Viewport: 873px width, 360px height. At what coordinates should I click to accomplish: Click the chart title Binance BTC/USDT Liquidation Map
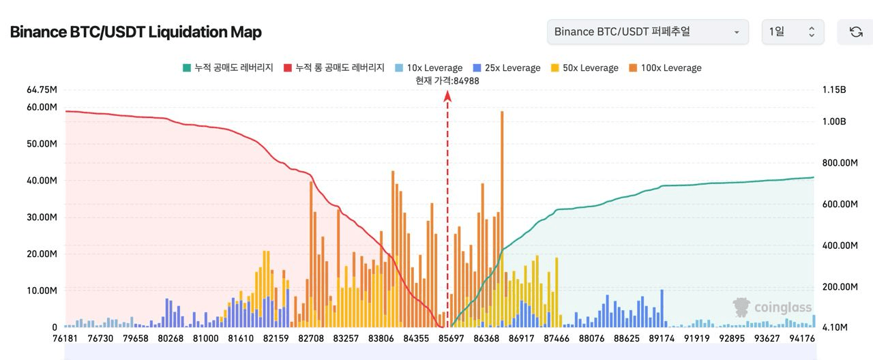[136, 32]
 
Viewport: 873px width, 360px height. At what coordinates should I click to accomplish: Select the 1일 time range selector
[793, 32]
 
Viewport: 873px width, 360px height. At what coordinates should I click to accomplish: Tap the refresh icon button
[855, 32]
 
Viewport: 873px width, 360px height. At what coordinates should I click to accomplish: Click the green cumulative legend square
[186, 67]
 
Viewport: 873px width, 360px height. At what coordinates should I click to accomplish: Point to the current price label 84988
[447, 80]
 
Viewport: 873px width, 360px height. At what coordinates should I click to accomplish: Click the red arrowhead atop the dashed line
[447, 97]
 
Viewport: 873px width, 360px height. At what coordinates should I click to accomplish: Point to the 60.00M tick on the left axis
[42, 107]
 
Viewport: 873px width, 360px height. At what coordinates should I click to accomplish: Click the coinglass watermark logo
[773, 307]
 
